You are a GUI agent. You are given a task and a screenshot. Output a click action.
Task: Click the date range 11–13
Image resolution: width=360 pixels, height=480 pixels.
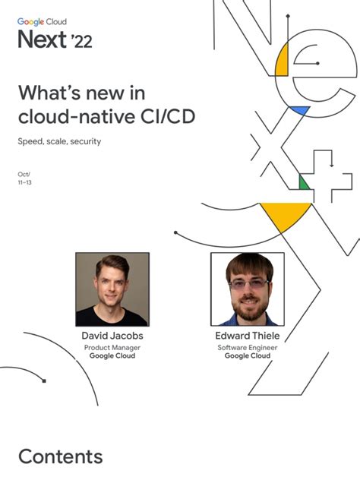click(x=24, y=183)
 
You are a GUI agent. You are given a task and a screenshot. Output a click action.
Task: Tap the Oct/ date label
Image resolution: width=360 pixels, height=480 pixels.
click(x=24, y=175)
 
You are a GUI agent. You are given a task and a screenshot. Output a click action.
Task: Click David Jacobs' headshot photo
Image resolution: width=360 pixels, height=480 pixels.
click(x=112, y=289)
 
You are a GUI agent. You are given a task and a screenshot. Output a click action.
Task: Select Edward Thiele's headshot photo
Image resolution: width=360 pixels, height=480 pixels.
click(x=247, y=289)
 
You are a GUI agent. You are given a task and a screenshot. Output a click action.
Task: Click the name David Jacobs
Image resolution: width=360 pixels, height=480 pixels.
click(x=112, y=336)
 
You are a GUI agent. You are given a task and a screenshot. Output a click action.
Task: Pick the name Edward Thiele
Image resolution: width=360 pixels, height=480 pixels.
click(x=248, y=336)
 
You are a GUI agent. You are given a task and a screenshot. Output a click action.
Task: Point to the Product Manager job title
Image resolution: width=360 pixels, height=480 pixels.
click(x=112, y=347)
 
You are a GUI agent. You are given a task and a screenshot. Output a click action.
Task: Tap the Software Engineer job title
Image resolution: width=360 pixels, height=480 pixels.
click(x=248, y=347)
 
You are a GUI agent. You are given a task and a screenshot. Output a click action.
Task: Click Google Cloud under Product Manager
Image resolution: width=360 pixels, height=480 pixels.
click(x=112, y=355)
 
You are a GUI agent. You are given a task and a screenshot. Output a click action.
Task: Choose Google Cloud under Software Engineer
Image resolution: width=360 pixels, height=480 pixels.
click(x=248, y=355)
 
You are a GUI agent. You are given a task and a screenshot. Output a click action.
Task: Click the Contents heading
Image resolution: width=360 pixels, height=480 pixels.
click(x=60, y=456)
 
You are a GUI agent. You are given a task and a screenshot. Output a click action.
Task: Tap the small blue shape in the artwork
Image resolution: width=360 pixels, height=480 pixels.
click(x=300, y=111)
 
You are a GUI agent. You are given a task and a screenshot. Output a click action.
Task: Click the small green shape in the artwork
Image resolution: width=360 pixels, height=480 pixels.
click(x=303, y=183)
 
